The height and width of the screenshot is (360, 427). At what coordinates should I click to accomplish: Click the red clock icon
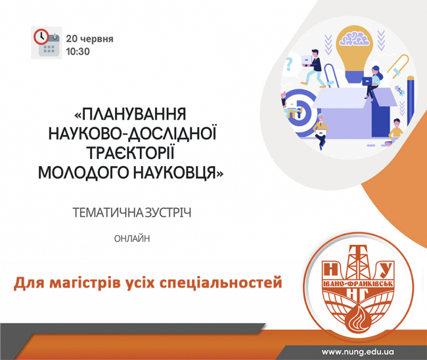coord(41,37)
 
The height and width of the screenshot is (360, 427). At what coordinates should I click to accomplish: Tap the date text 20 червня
coord(89,39)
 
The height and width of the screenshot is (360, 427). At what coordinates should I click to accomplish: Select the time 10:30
coord(78,51)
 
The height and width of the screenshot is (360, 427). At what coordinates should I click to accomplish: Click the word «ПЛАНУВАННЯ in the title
coord(130,114)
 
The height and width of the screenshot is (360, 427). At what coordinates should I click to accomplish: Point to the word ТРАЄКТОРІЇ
coord(131,153)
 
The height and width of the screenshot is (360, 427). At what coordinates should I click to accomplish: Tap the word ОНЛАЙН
coord(132,239)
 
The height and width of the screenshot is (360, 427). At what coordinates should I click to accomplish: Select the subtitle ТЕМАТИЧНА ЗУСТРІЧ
coord(132,213)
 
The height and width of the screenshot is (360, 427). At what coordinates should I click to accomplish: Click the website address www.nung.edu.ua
coord(357,352)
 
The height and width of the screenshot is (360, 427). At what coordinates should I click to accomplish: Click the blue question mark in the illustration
coord(289,66)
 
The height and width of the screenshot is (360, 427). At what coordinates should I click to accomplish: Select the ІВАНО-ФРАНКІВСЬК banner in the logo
coord(358,284)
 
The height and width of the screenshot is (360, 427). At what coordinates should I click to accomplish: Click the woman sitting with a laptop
coord(372,82)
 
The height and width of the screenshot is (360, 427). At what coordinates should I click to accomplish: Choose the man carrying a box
coord(312,68)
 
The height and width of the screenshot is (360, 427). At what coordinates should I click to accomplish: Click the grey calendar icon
coord(49,47)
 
